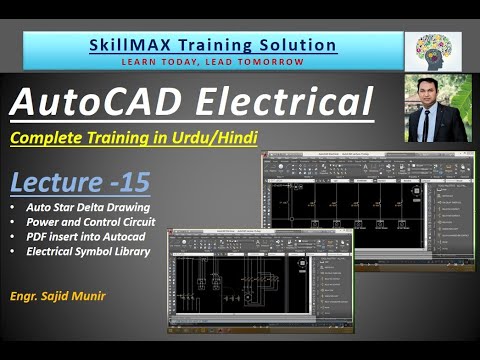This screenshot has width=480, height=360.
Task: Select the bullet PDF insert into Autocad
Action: (82, 236)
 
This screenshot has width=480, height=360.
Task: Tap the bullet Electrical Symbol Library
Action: (89, 251)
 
